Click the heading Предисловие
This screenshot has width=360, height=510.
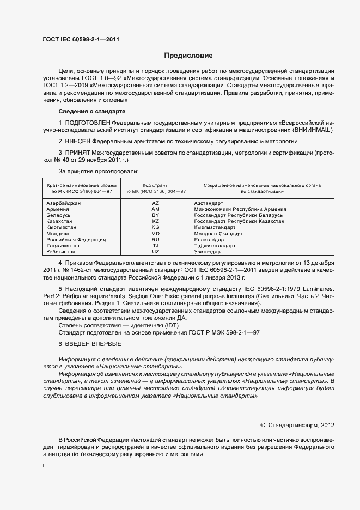coord(189,56)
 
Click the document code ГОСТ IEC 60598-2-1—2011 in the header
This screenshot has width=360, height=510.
coord(81,39)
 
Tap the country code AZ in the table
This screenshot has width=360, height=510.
coord(155,203)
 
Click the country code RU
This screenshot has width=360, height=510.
coord(155,240)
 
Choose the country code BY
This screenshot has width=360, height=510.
coord(155,215)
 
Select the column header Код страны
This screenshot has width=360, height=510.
coord(155,186)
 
